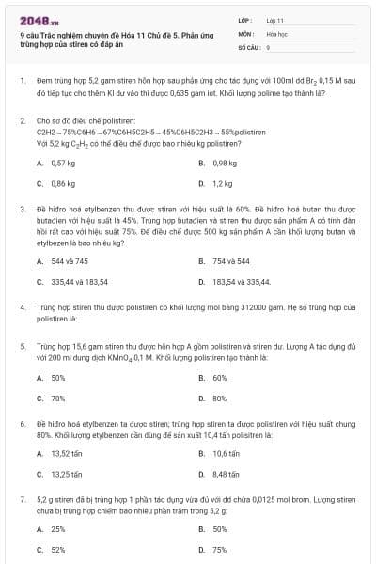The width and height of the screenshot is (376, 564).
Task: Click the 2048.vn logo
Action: (x=39, y=20)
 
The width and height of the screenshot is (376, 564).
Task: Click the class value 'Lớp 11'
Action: (x=274, y=20)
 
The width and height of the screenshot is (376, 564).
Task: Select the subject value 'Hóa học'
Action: (x=275, y=33)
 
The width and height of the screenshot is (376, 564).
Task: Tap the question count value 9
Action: (x=269, y=46)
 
